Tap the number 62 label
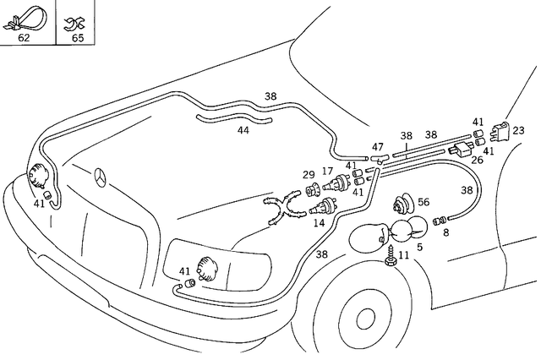tap(24, 38)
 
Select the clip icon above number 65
tap(77, 20)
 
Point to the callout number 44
tap(243, 130)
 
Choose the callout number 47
tap(377, 147)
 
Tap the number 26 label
tap(478, 160)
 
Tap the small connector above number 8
tap(440, 220)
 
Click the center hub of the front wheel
tap(365, 319)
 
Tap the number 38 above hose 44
tap(270, 96)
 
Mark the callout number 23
tap(518, 130)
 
